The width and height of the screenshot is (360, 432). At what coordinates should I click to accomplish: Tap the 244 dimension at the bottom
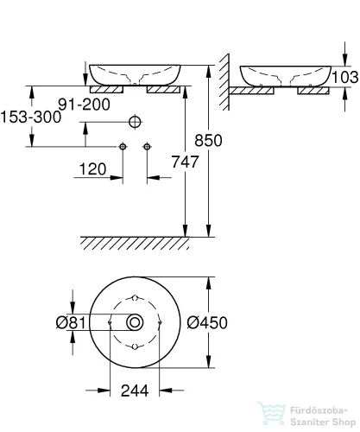pyautogui.click(x=135, y=390)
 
